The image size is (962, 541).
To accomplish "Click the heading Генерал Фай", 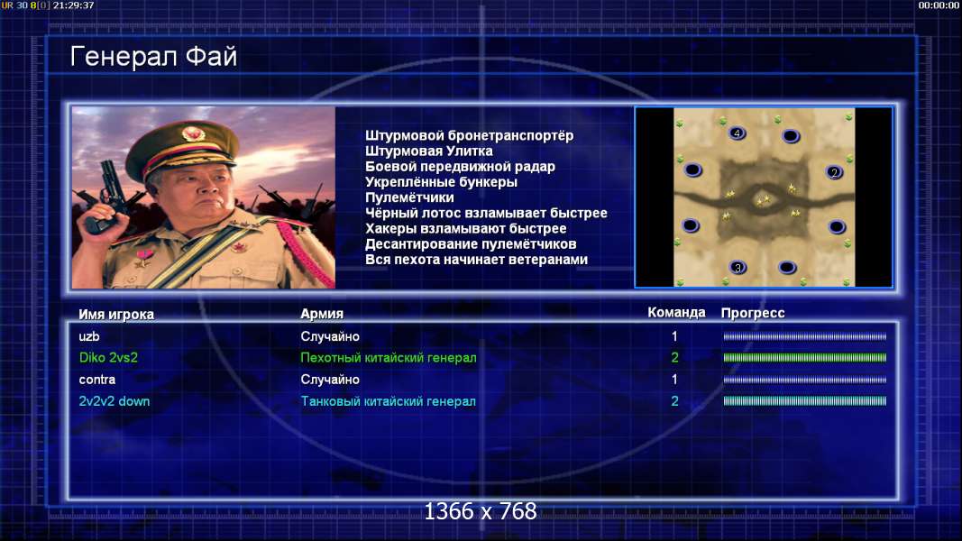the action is coord(153,57).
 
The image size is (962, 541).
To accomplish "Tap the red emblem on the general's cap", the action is coord(193,133).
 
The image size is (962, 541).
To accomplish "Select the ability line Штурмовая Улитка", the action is coord(429,151).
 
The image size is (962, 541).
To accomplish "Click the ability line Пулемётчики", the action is coord(409,197).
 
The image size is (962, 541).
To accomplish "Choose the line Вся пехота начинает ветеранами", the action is coord(476,260).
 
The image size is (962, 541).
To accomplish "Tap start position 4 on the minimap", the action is coord(737,133).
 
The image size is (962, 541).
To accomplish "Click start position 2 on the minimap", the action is coord(834,172).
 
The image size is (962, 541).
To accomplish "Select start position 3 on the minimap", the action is coord(738,267).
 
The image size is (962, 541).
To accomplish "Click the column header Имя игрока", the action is coord(116,314).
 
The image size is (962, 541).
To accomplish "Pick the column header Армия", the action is coord(322,314).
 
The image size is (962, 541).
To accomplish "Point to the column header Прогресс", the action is coord(753,313).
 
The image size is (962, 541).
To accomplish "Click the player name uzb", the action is coord(89,336).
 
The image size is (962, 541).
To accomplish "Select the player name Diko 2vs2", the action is coord(108,358).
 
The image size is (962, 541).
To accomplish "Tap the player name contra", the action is coord(97,380).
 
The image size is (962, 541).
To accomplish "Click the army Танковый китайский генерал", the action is coord(388,401).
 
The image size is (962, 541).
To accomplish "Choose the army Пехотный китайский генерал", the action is coord(389,358).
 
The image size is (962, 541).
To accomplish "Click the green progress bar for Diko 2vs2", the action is coord(805,358).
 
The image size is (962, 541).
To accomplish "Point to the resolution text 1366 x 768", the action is coord(481,511).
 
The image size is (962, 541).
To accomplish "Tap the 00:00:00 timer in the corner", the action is coord(939,5).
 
